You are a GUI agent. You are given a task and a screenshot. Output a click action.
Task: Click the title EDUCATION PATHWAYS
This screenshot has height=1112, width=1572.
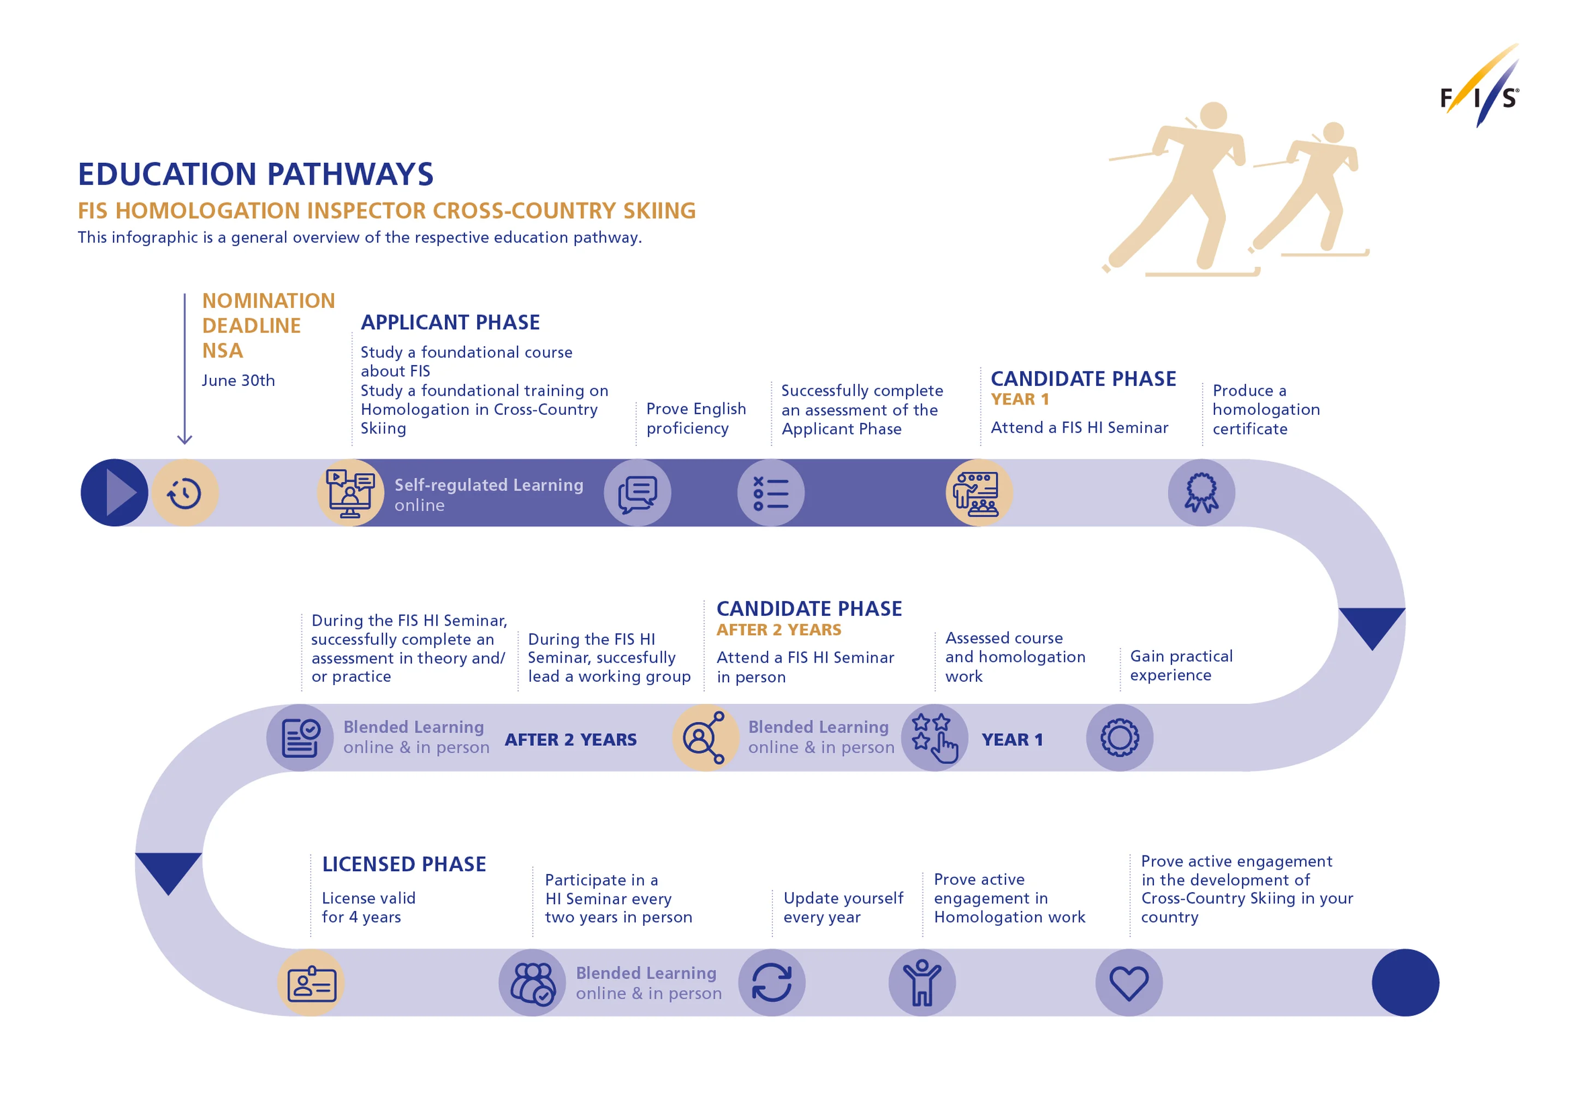255,174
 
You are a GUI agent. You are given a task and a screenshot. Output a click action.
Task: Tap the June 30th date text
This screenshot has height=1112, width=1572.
239,380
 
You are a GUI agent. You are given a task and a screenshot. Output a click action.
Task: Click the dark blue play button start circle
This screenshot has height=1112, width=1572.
114,493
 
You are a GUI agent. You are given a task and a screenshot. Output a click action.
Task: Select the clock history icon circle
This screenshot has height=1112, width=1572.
185,493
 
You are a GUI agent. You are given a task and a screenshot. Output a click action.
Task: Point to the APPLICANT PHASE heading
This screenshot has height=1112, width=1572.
450,323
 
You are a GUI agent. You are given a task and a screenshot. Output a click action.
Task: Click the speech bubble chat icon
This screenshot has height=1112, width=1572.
638,493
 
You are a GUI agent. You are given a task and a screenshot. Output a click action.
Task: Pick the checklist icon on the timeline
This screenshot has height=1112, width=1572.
771,493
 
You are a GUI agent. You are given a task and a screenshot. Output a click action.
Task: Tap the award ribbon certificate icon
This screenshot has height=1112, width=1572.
1201,493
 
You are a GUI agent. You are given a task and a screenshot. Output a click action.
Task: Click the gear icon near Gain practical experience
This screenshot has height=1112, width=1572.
1120,738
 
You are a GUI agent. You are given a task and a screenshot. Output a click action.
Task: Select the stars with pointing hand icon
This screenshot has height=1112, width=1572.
934,738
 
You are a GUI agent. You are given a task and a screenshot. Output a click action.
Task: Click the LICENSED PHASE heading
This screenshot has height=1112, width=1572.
404,864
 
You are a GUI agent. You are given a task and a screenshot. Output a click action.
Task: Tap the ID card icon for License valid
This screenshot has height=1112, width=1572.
312,983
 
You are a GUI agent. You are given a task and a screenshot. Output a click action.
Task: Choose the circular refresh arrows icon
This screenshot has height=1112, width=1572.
772,983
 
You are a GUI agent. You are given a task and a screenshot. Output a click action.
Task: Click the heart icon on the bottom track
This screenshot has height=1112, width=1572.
1128,983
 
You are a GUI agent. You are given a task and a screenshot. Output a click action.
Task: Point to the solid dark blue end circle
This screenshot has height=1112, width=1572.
1405,983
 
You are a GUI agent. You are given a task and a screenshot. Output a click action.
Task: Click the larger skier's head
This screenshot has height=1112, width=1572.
1213,115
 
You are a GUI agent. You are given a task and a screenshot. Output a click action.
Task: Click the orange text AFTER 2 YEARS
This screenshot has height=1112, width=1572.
778,630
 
